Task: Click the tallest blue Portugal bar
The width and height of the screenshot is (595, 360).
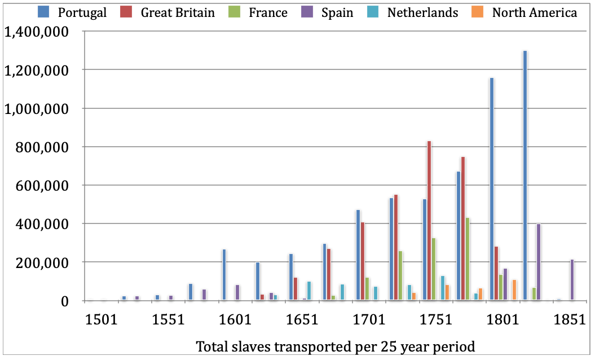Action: tap(525, 175)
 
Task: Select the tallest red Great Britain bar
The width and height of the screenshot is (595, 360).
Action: tap(429, 220)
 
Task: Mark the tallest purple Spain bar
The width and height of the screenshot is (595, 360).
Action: tap(539, 262)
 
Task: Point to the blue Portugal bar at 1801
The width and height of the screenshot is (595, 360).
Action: tap(492, 188)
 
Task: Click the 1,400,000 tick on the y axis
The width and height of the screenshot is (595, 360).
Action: tap(36, 32)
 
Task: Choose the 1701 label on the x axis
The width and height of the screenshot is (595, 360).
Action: tap(369, 319)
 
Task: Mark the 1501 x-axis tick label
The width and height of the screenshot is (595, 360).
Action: tap(102, 319)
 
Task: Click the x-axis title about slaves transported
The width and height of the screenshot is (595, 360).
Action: tap(335, 346)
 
